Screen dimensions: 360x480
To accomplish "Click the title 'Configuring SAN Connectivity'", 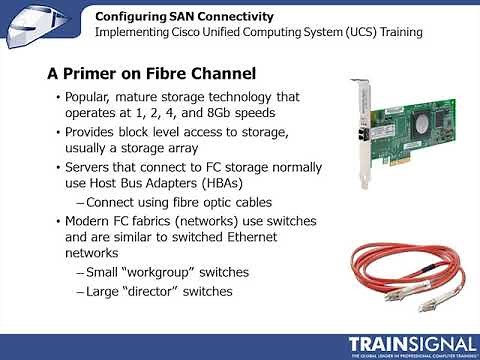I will tap(178, 15).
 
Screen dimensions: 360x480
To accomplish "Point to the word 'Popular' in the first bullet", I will tap(89, 97).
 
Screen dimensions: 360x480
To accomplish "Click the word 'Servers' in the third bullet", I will tap(89, 166).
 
